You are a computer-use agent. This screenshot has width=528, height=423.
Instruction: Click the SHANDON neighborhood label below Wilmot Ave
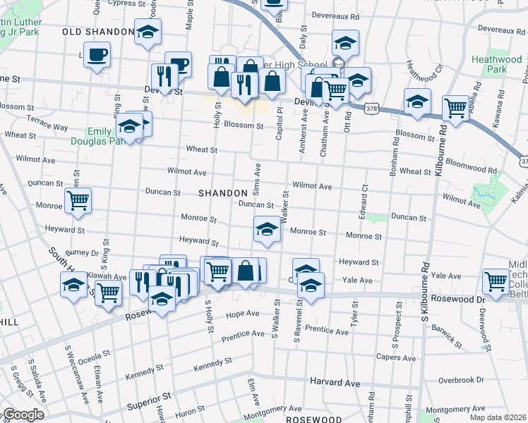(222, 192)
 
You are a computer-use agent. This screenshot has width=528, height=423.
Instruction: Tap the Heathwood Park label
(488, 65)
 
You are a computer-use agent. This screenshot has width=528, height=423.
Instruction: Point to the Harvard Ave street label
(335, 384)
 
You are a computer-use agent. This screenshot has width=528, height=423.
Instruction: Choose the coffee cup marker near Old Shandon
(97, 54)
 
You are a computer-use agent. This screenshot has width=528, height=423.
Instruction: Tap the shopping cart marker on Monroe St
(78, 200)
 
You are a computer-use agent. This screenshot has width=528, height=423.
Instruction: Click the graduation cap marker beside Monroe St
(266, 228)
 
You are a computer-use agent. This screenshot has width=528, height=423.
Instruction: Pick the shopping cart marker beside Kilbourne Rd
(456, 108)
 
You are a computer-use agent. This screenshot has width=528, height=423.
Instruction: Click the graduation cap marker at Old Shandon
(148, 32)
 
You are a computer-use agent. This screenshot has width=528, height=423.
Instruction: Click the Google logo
(23, 414)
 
